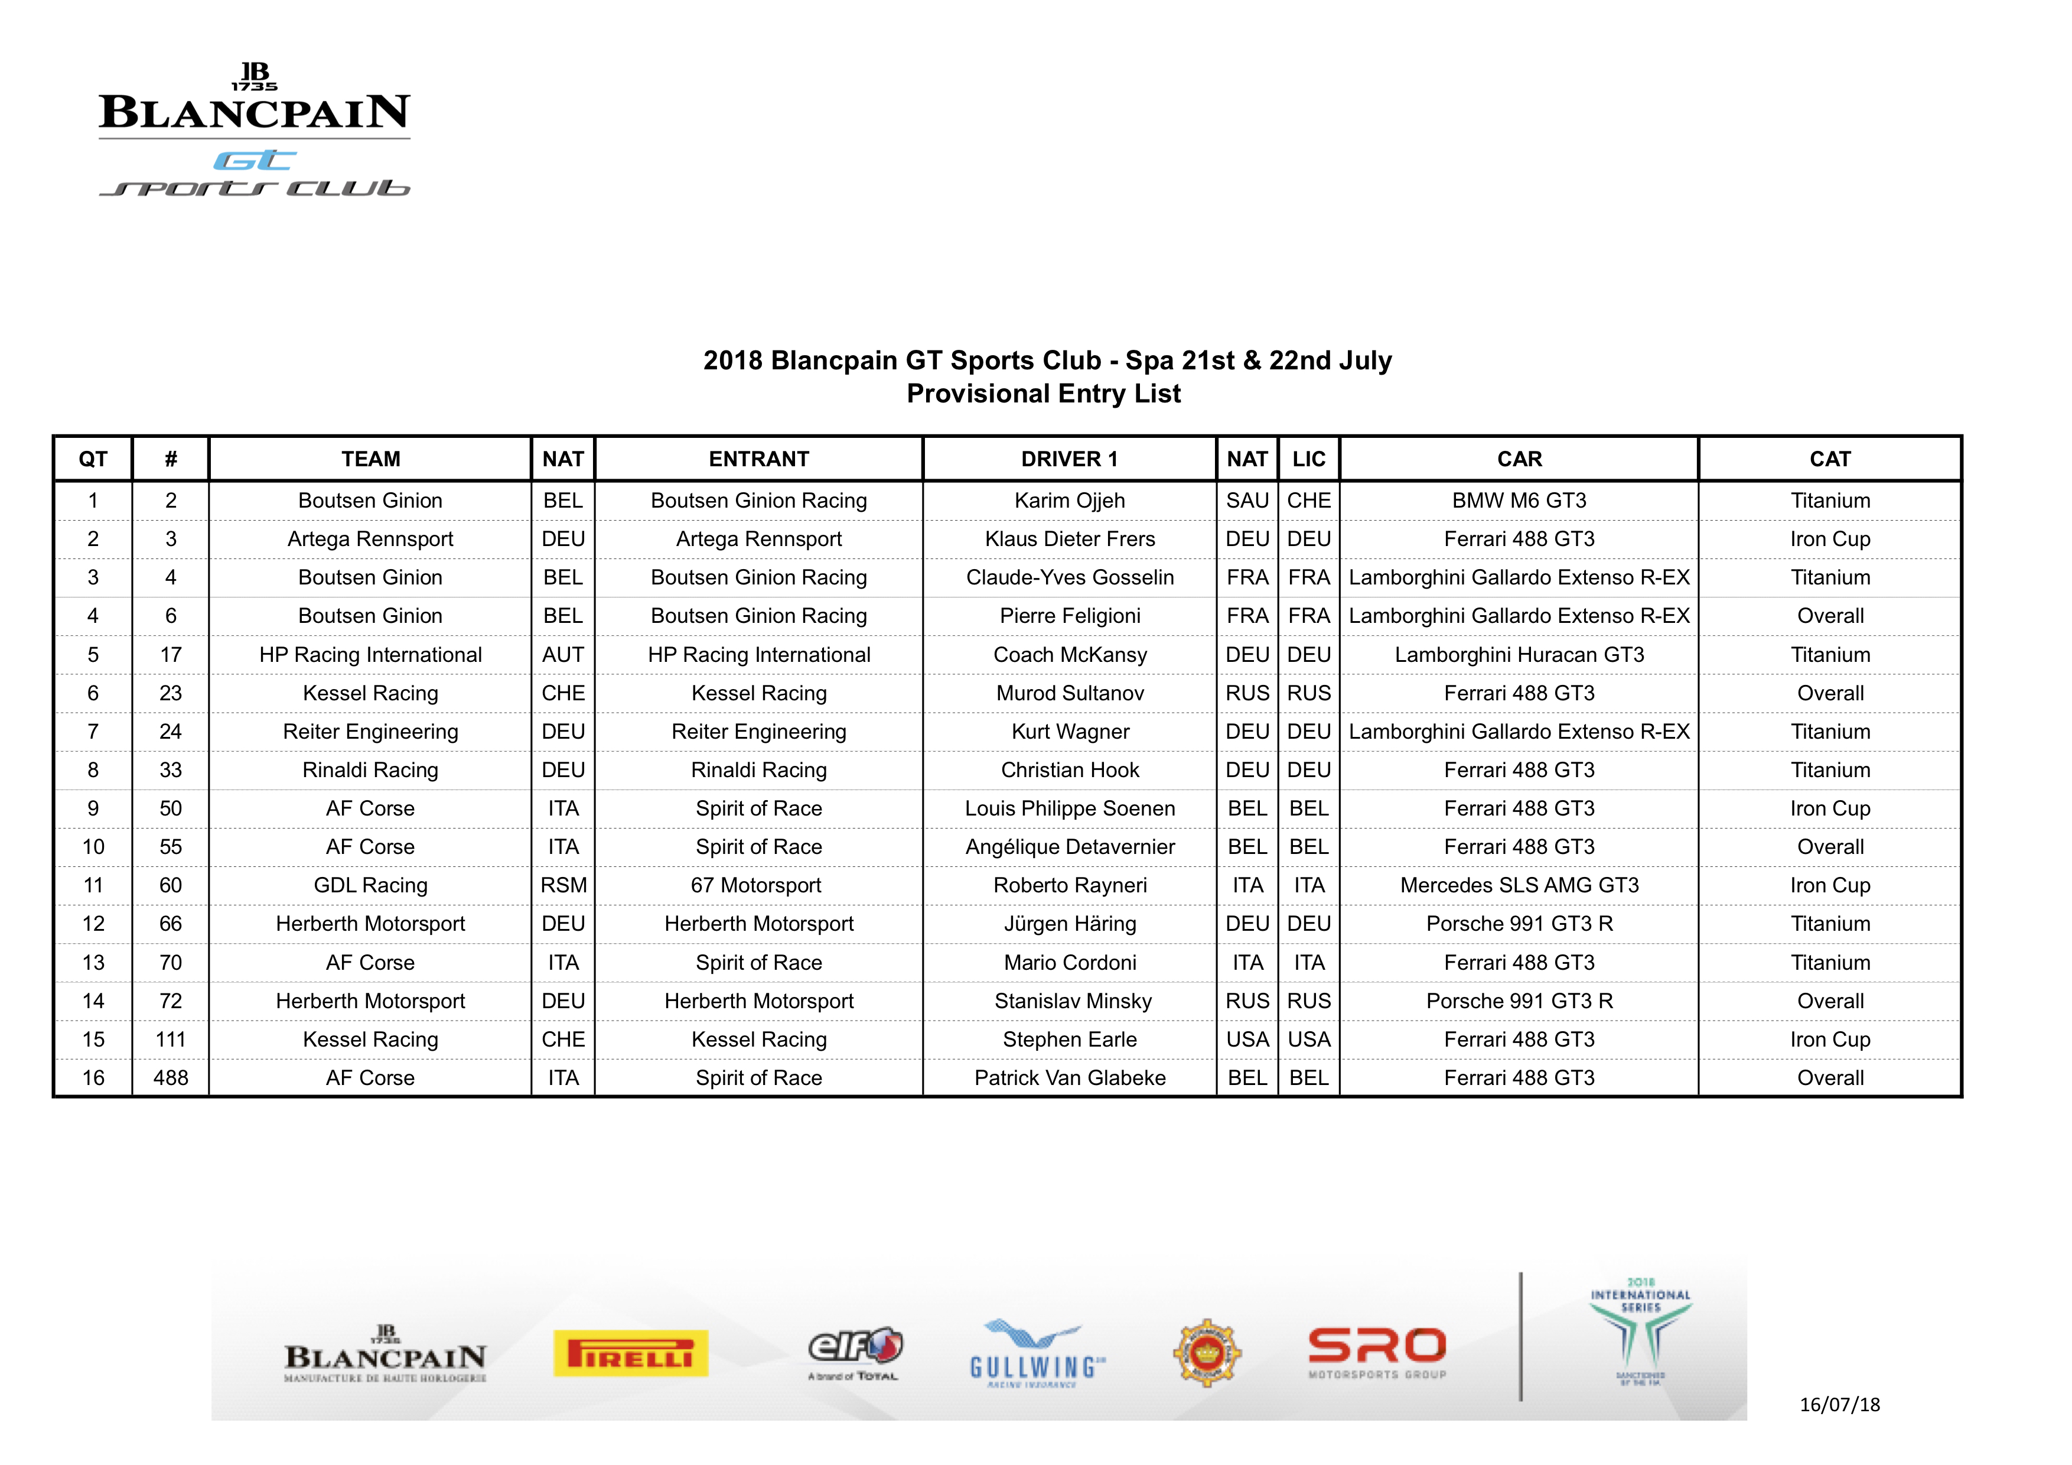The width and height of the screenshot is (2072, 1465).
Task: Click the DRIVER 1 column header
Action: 1070,459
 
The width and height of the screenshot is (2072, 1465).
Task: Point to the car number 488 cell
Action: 171,1078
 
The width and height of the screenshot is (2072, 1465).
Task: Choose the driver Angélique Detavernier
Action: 1070,847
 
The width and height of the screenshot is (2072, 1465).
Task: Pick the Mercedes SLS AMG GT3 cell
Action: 1519,885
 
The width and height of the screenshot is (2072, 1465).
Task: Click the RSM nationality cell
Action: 563,885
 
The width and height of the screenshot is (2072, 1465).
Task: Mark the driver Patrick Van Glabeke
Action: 1070,1078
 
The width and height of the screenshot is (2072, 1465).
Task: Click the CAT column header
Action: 1829,459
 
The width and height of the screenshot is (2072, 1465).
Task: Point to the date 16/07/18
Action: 1839,1405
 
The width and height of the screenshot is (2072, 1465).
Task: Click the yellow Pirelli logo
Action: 631,1353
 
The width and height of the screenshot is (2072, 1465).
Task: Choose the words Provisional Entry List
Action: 1043,394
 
